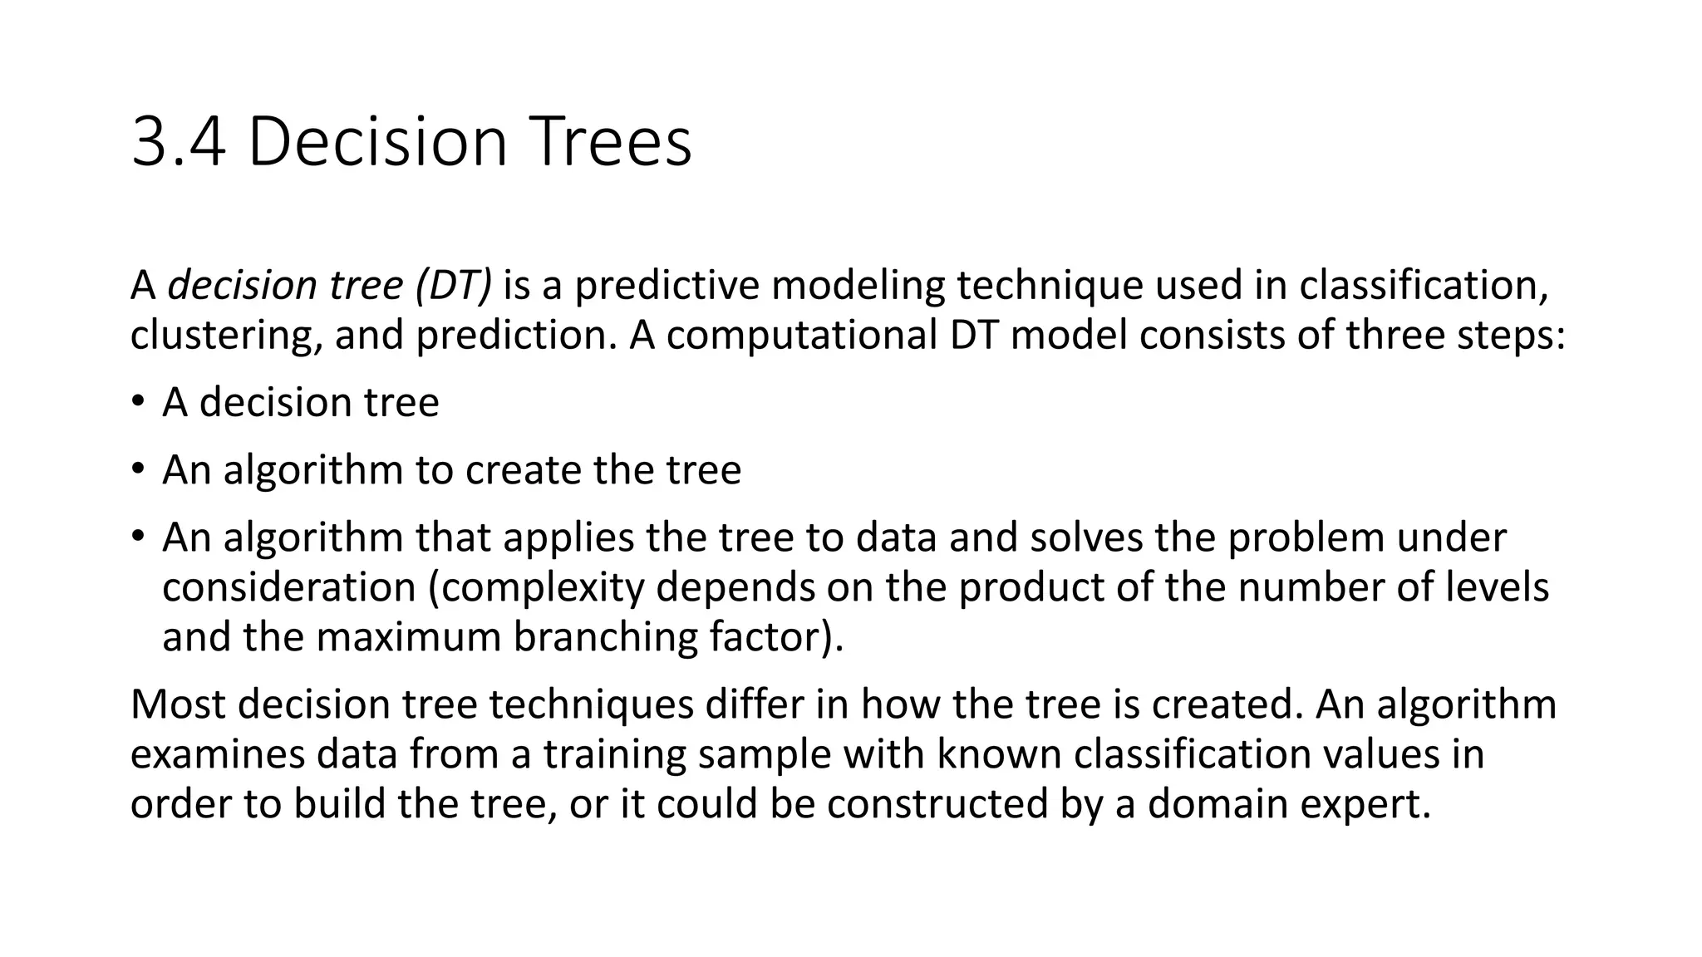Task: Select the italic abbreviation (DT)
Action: click(x=453, y=285)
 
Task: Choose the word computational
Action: click(x=802, y=336)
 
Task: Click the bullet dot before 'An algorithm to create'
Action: click(x=137, y=469)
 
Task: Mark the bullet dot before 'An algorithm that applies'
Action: click(x=137, y=536)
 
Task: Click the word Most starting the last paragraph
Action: click(x=178, y=704)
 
